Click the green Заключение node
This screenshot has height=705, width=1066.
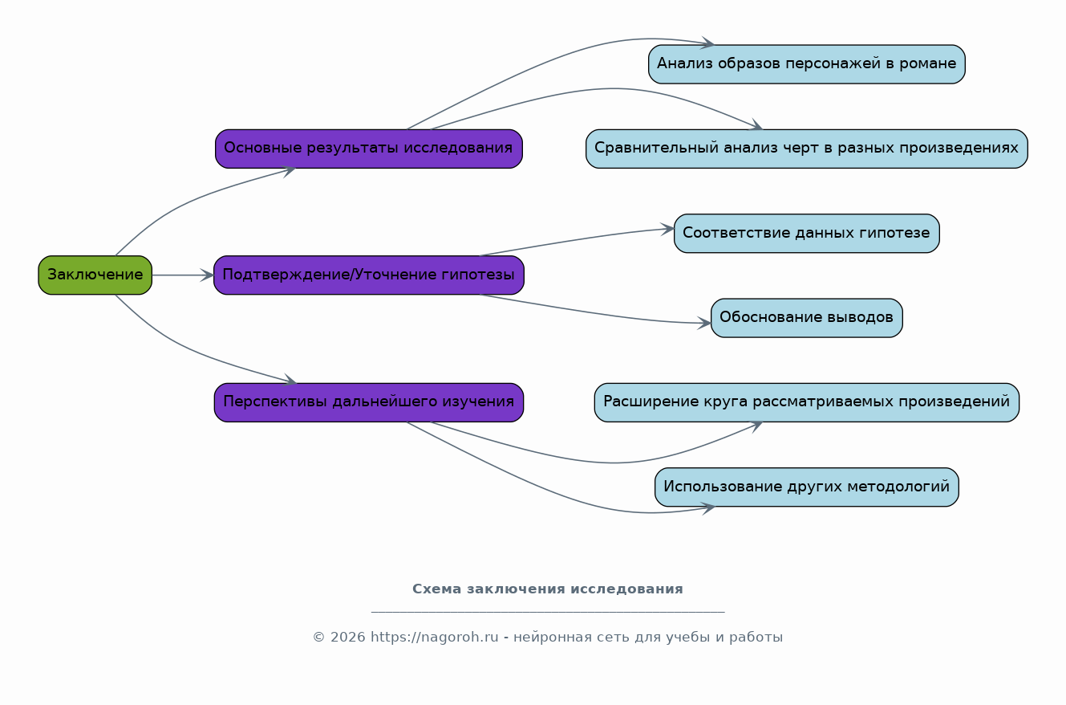pyautogui.click(x=95, y=275)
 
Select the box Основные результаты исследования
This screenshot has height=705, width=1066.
pyautogui.click(x=369, y=149)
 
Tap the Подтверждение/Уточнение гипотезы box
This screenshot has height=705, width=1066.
pyautogui.click(x=369, y=275)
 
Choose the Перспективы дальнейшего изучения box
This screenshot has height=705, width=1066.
pyautogui.click(x=369, y=402)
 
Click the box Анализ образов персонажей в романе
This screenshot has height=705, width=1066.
pyautogui.click(x=807, y=64)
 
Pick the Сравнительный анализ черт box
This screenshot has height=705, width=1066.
pyautogui.click(x=807, y=149)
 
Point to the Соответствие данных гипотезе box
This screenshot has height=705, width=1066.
pyautogui.click(x=807, y=233)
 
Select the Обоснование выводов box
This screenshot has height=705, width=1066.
pyautogui.click(x=807, y=318)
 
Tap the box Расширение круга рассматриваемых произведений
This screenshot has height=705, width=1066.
pyautogui.click(x=807, y=402)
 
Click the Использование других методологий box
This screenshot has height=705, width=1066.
pyautogui.click(x=807, y=487)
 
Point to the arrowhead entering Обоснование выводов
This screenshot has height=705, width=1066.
pyautogui.click(x=704, y=323)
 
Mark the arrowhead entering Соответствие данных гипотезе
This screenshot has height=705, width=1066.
pyautogui.click(x=667, y=230)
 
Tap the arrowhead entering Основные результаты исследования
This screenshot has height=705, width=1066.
pyautogui.click(x=289, y=170)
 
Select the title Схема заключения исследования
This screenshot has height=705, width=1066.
pyautogui.click(x=547, y=589)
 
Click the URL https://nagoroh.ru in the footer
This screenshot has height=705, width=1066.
pyautogui.click(x=435, y=637)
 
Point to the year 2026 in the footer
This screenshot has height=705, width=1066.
pyautogui.click(x=347, y=638)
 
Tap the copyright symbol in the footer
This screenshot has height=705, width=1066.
pyautogui.click(x=318, y=638)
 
